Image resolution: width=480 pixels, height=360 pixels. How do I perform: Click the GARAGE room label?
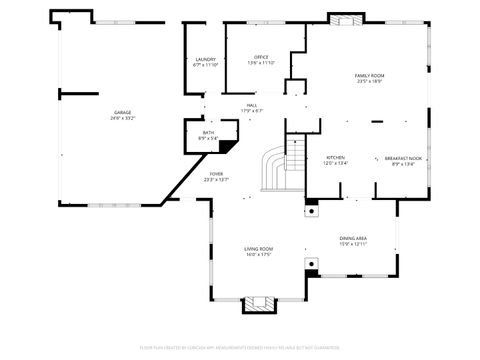(x=123, y=112)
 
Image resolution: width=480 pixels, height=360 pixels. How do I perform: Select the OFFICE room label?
(x=261, y=57)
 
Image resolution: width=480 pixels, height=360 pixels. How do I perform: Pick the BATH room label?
(x=208, y=132)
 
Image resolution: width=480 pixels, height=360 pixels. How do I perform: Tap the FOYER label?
(x=216, y=174)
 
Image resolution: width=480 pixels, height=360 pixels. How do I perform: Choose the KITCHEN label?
(x=335, y=157)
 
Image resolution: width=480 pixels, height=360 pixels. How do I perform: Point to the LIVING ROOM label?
(x=259, y=248)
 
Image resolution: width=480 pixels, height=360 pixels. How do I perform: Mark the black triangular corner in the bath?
(x=228, y=146)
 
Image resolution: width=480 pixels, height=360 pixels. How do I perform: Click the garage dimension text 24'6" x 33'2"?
(x=123, y=118)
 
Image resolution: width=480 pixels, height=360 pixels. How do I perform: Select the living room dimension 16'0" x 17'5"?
(x=259, y=254)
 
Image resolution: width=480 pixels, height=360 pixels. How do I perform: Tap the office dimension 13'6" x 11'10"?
(x=261, y=63)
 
